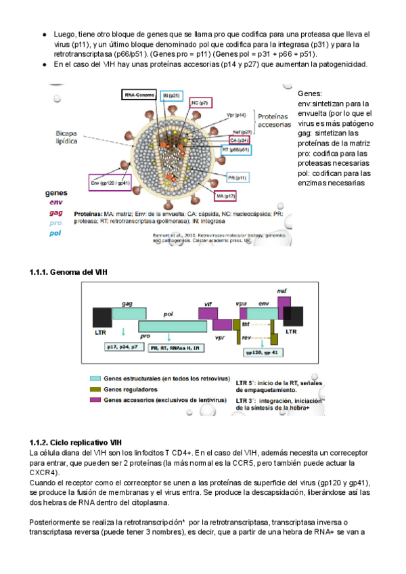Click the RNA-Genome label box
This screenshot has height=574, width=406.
tap(139, 95)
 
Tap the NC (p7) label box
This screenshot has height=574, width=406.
tap(200, 102)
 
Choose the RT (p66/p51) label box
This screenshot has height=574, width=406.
tap(236, 150)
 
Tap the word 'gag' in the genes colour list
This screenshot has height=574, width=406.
tap(53, 212)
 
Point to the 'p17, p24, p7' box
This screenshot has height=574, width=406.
tap(125, 347)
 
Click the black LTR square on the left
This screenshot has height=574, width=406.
tap(102, 319)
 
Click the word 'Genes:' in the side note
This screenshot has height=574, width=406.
tap(311, 93)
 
